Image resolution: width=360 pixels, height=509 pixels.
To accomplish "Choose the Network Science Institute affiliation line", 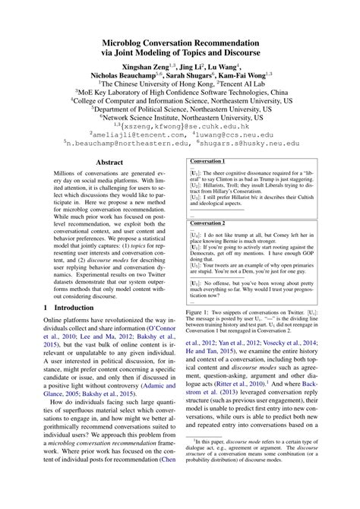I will click(x=180, y=119).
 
